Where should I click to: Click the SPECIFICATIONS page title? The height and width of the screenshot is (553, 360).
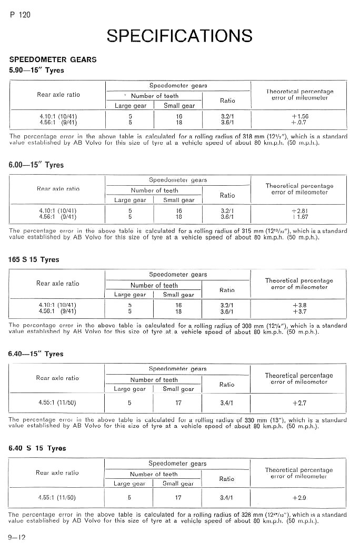coord(179,36)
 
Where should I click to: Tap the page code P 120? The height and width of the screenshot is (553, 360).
coord(20,15)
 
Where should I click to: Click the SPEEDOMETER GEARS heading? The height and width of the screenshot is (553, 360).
coord(53,59)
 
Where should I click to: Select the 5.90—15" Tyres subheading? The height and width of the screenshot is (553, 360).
coord(36,70)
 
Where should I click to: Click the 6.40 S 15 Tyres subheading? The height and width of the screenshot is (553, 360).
coord(37,448)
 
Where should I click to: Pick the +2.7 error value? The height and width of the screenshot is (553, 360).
coord(299,403)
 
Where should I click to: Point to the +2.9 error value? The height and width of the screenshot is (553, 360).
coord(299,497)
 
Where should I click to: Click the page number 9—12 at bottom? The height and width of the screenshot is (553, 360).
coord(17,537)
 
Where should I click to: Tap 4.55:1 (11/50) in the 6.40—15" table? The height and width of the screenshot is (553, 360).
coord(57,403)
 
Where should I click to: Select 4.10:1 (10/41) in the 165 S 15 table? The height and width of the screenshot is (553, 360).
coord(57,305)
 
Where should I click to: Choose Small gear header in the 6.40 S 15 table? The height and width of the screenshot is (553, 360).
coord(178,484)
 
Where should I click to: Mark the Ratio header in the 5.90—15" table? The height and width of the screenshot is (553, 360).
coord(227,100)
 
